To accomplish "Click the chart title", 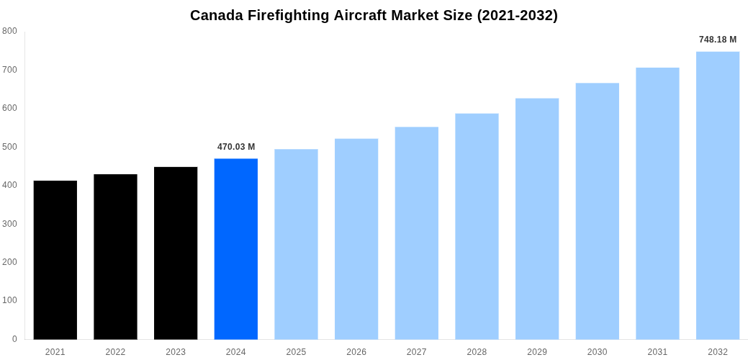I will [374, 15].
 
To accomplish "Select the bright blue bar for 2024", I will [235, 249].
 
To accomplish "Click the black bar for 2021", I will [55, 260].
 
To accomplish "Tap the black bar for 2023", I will [176, 253].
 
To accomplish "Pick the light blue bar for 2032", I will [717, 196].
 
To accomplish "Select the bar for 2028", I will [477, 227].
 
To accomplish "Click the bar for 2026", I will [356, 239].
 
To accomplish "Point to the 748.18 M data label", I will [717, 40].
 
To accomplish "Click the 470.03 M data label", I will [236, 147].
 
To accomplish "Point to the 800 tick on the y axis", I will [10, 31].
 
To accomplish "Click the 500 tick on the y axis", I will [10, 147].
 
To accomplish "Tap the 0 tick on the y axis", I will [14, 339].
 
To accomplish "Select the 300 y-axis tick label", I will [10, 224].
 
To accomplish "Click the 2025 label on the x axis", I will [296, 352].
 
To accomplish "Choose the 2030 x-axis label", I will [597, 352].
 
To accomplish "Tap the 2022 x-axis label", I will [115, 352].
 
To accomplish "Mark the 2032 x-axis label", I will [717, 352].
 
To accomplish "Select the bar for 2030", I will [597, 212].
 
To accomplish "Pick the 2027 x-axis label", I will [416, 352].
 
